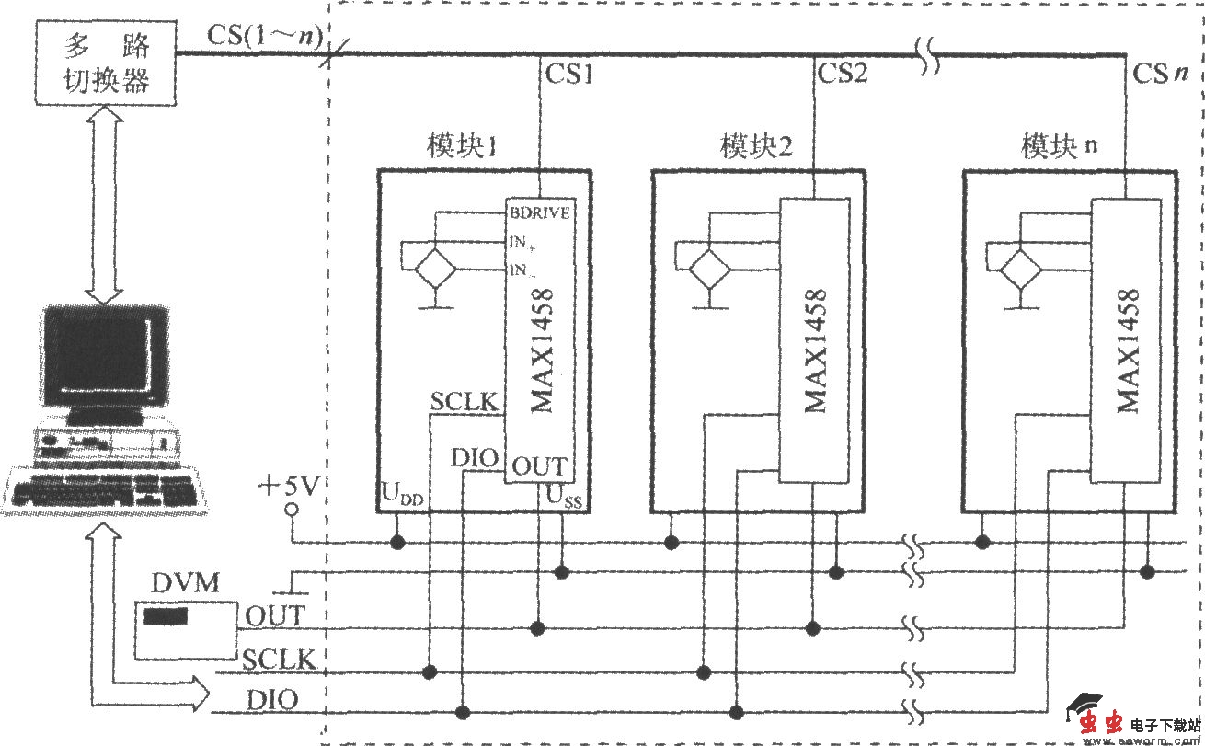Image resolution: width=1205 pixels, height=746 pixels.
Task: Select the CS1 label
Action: click(569, 74)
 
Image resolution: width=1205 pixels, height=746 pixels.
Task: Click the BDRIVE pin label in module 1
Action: click(540, 212)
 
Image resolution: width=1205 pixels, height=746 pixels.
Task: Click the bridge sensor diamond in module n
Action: click(1020, 270)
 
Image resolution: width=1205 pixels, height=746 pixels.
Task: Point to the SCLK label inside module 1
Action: click(464, 402)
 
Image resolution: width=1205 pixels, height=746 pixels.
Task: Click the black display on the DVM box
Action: click(166, 615)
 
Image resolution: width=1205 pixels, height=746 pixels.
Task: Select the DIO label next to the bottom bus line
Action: click(271, 700)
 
